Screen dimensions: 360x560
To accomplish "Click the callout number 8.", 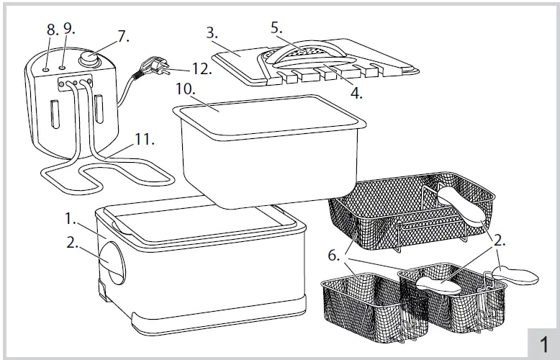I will pyautogui.click(x=50, y=30).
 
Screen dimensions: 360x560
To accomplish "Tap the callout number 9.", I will pyautogui.click(x=68, y=30).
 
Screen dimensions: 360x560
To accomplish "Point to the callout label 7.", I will pyautogui.click(x=123, y=37).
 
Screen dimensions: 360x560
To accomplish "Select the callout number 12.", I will pyautogui.click(x=201, y=71).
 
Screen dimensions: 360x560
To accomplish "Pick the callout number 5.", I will pyautogui.click(x=276, y=27).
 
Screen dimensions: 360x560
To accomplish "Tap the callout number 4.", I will pyautogui.click(x=356, y=93).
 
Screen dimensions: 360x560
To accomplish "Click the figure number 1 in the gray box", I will pyautogui.click(x=543, y=342).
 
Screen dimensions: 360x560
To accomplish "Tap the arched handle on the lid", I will pyautogui.click(x=306, y=57).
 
